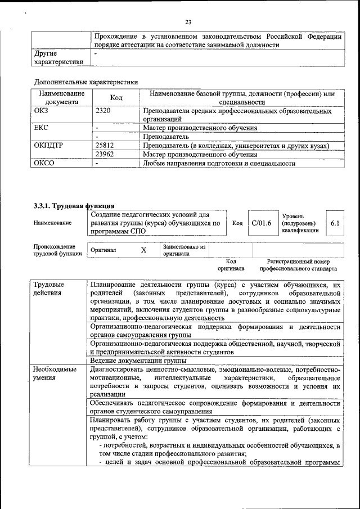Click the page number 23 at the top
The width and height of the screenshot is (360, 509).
tap(188, 22)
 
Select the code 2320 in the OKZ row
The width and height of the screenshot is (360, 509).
tap(103, 111)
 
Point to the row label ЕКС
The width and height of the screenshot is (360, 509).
tap(42, 128)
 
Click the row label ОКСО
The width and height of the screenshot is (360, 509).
tap(44, 163)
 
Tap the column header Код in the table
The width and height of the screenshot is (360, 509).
tap(116, 98)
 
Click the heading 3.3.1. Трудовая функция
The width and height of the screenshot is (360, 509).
tap(74, 206)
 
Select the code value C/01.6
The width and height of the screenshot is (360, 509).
tap(262, 223)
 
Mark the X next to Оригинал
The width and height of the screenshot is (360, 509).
tap(143, 250)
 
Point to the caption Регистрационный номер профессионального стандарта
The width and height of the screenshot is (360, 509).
tap(302, 265)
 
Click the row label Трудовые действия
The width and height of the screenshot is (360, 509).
tap(49, 289)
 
